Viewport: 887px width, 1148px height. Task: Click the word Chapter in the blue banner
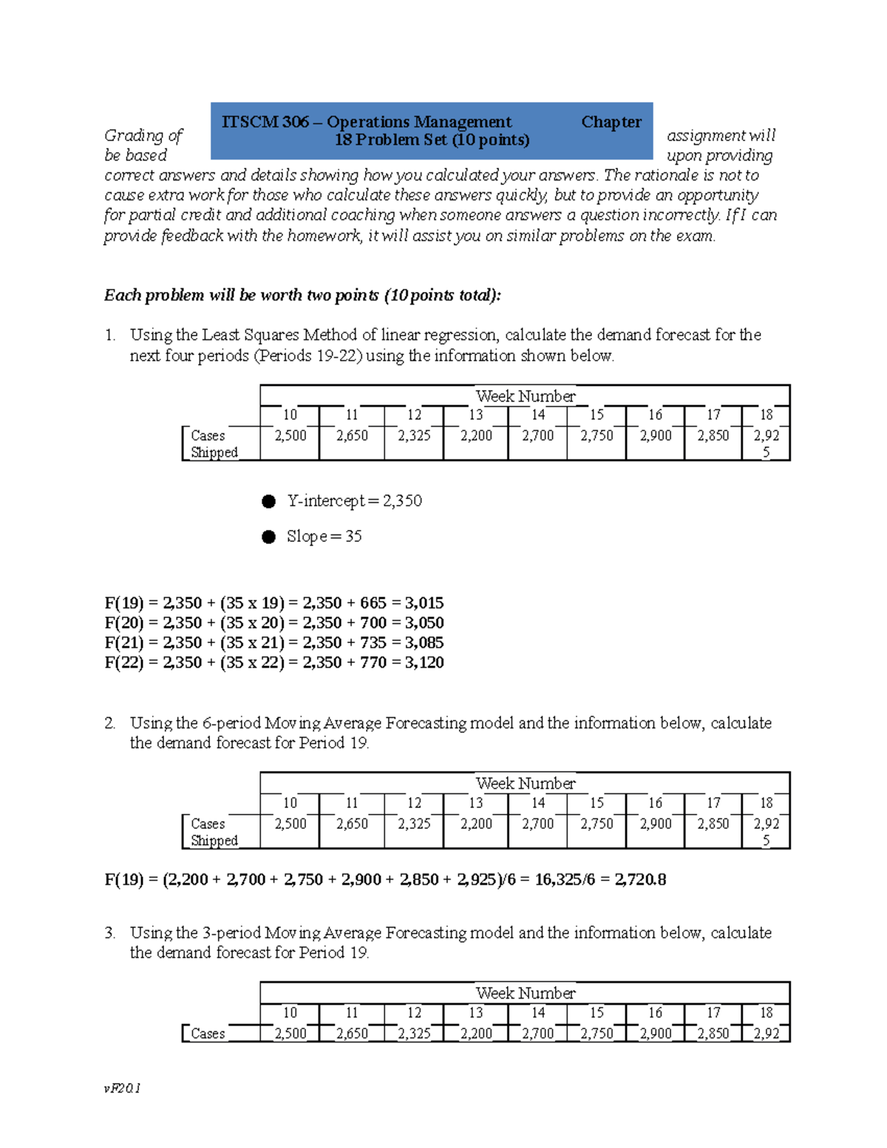click(x=611, y=122)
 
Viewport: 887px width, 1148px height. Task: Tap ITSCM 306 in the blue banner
click(x=265, y=122)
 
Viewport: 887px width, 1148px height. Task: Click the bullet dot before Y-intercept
click(x=268, y=501)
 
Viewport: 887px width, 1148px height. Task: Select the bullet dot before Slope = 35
click(x=268, y=537)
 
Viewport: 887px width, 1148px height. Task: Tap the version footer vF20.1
click(x=123, y=1088)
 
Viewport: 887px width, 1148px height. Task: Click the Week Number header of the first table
click(x=525, y=396)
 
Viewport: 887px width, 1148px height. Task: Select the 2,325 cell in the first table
click(x=414, y=435)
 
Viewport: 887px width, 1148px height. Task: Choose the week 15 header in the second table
click(x=597, y=803)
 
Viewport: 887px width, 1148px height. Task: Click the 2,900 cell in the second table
click(x=656, y=823)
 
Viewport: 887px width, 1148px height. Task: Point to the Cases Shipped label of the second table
click(x=214, y=832)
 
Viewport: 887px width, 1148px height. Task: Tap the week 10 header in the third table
click(x=290, y=1013)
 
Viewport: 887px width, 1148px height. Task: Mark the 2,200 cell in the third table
click(x=476, y=1033)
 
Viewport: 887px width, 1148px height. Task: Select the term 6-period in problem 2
click(x=231, y=723)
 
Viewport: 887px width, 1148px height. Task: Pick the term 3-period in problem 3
click(x=231, y=933)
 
